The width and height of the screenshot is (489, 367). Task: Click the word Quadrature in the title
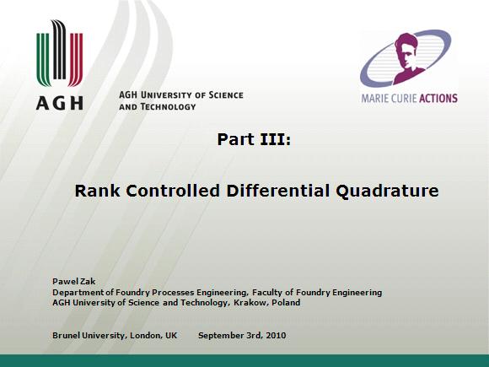tap(387, 191)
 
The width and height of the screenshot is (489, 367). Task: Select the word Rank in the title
tap(97, 191)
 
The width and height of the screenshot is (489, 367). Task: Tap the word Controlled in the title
tap(173, 191)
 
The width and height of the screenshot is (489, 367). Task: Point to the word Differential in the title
tap(277, 191)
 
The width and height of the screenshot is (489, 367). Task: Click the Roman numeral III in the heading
tap(276, 139)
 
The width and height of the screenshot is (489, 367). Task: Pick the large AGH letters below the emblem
tap(60, 103)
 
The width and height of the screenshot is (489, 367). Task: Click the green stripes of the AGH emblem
tap(43, 59)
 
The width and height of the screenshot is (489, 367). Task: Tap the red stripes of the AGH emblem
tap(76, 59)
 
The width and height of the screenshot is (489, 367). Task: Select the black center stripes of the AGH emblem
tap(59, 49)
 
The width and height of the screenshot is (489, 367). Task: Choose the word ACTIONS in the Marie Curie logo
tap(438, 99)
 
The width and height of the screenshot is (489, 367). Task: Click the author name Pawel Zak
tap(74, 282)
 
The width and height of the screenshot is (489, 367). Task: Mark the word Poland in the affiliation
tap(286, 302)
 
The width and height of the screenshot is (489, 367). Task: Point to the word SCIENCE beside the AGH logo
tap(226, 94)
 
